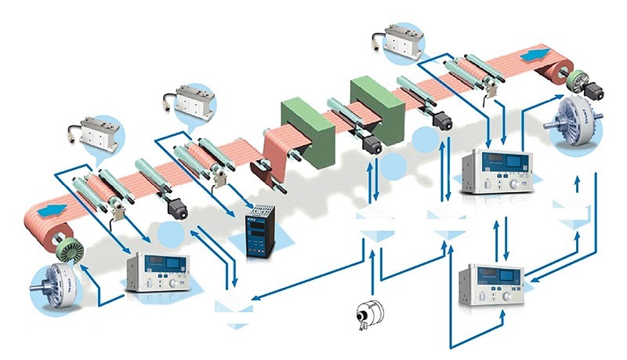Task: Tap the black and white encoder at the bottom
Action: pyautogui.click(x=365, y=315)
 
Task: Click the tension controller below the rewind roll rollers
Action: pyautogui.click(x=498, y=170)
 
